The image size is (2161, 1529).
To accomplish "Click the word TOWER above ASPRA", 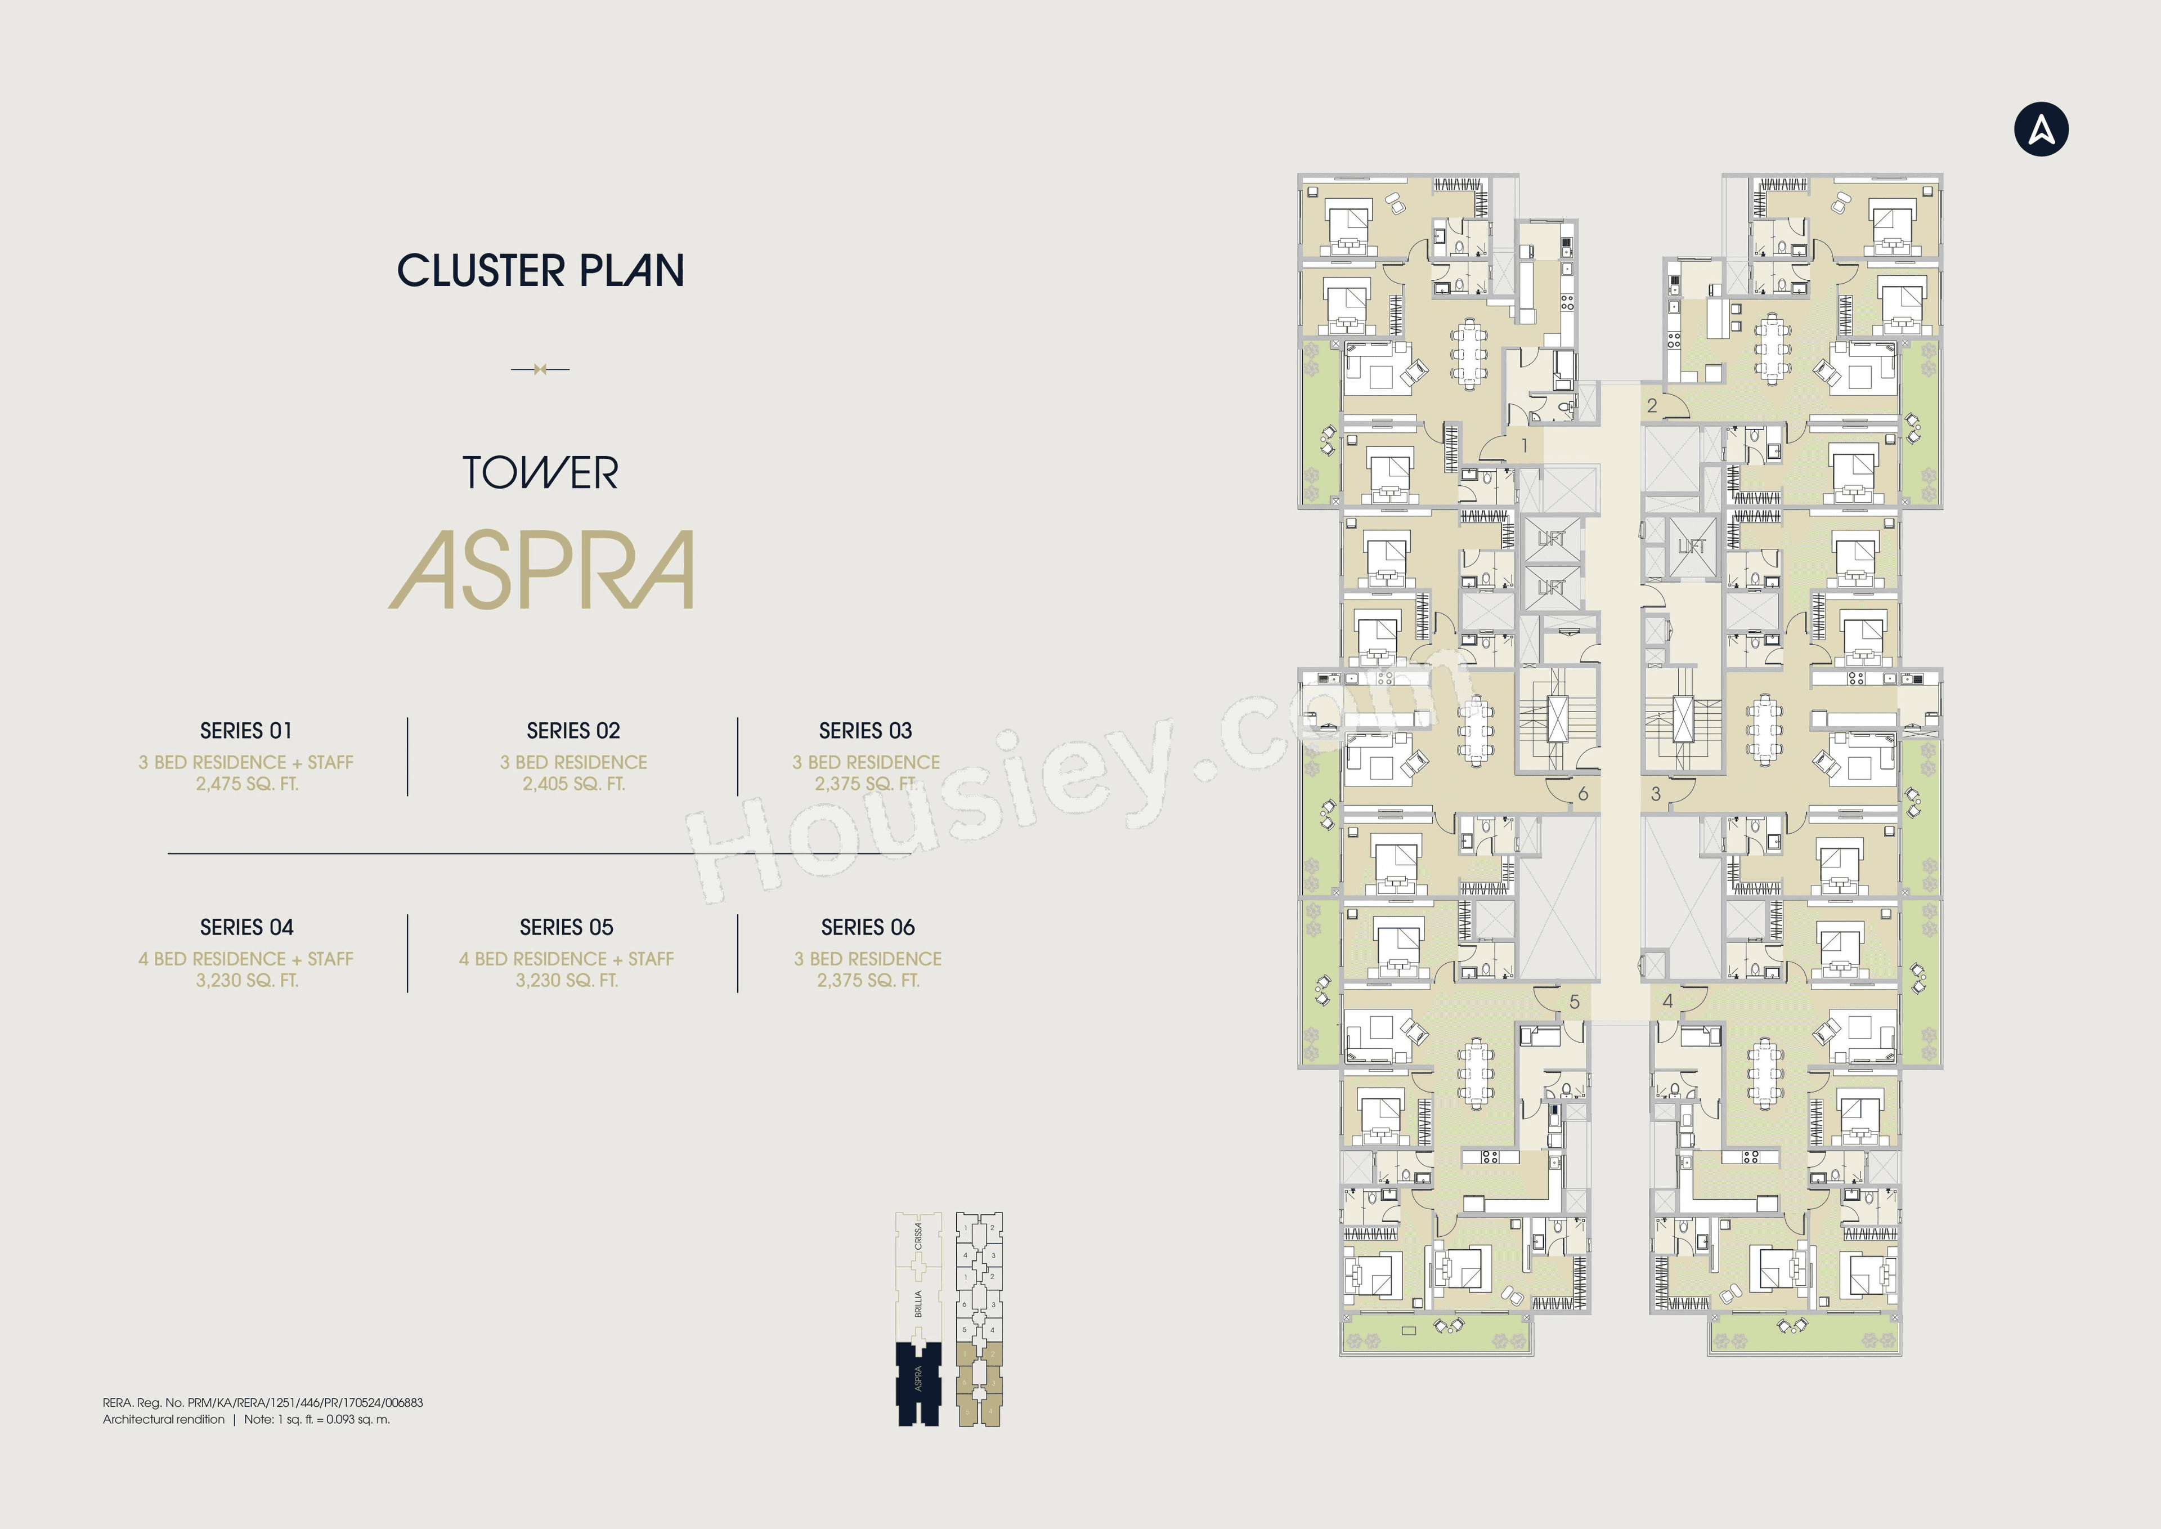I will pyautogui.click(x=540, y=473).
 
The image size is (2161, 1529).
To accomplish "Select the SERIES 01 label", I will pyautogui.click(x=246, y=731).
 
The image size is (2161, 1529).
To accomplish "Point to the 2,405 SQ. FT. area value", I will pyautogui.click(x=573, y=783).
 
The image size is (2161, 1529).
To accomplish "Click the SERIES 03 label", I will pyautogui.click(x=865, y=731).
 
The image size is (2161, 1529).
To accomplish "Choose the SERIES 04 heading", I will pyautogui.click(x=246, y=927).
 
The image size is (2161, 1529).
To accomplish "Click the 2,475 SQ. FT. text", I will pyautogui.click(x=246, y=783).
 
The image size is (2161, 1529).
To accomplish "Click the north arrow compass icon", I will pyautogui.click(x=2041, y=129).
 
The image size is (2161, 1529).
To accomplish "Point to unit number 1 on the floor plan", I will pyautogui.click(x=1525, y=444).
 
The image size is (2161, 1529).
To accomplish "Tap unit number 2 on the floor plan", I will pyautogui.click(x=1652, y=406).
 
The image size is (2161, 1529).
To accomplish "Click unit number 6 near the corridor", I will pyautogui.click(x=1582, y=794).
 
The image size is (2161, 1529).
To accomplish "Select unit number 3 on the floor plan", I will pyautogui.click(x=1656, y=794).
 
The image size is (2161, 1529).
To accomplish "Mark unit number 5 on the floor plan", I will pyautogui.click(x=1573, y=1002).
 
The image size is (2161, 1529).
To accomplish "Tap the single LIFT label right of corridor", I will pyautogui.click(x=1691, y=546).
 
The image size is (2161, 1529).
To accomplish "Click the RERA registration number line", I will pyautogui.click(x=263, y=1402).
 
